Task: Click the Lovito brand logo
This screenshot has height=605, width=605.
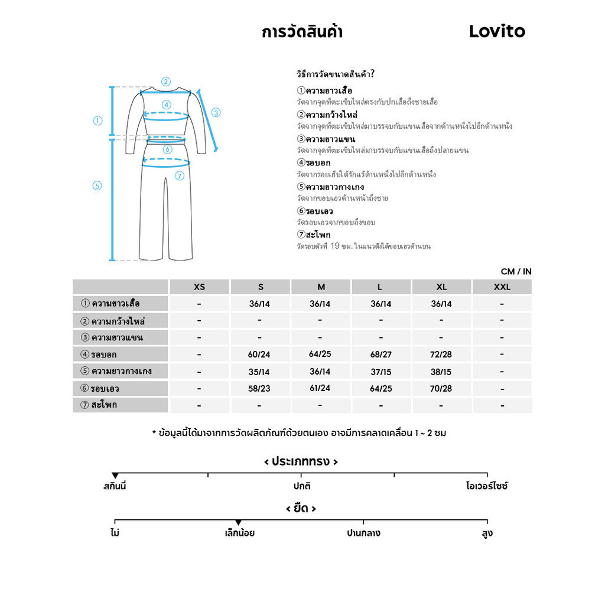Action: click(x=497, y=31)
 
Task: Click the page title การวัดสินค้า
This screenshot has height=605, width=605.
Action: click(x=302, y=32)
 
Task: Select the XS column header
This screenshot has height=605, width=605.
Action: click(x=200, y=287)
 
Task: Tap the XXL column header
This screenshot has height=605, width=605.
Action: click(x=502, y=287)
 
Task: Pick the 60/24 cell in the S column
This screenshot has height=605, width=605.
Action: click(x=261, y=354)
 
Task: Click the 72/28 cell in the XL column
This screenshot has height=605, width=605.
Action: click(x=441, y=354)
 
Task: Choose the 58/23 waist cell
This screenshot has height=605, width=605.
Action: click(x=261, y=389)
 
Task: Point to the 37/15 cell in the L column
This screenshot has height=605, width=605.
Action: click(x=380, y=372)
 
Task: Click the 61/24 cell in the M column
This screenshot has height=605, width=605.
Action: click(x=320, y=389)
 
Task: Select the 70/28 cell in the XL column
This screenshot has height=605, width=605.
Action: click(x=441, y=389)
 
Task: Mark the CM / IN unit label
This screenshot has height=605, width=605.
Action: click(x=516, y=272)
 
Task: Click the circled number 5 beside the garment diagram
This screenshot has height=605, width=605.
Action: click(x=97, y=186)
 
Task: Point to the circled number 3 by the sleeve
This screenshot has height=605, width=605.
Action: click(x=216, y=112)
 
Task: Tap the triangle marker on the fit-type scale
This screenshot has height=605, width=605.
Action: click(x=115, y=476)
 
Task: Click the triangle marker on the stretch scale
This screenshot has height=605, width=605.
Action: click(x=238, y=522)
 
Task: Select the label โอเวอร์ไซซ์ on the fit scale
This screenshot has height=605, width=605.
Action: click(x=487, y=487)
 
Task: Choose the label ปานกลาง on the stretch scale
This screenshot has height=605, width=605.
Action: click(x=363, y=533)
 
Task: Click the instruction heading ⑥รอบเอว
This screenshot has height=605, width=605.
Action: click(x=315, y=211)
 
